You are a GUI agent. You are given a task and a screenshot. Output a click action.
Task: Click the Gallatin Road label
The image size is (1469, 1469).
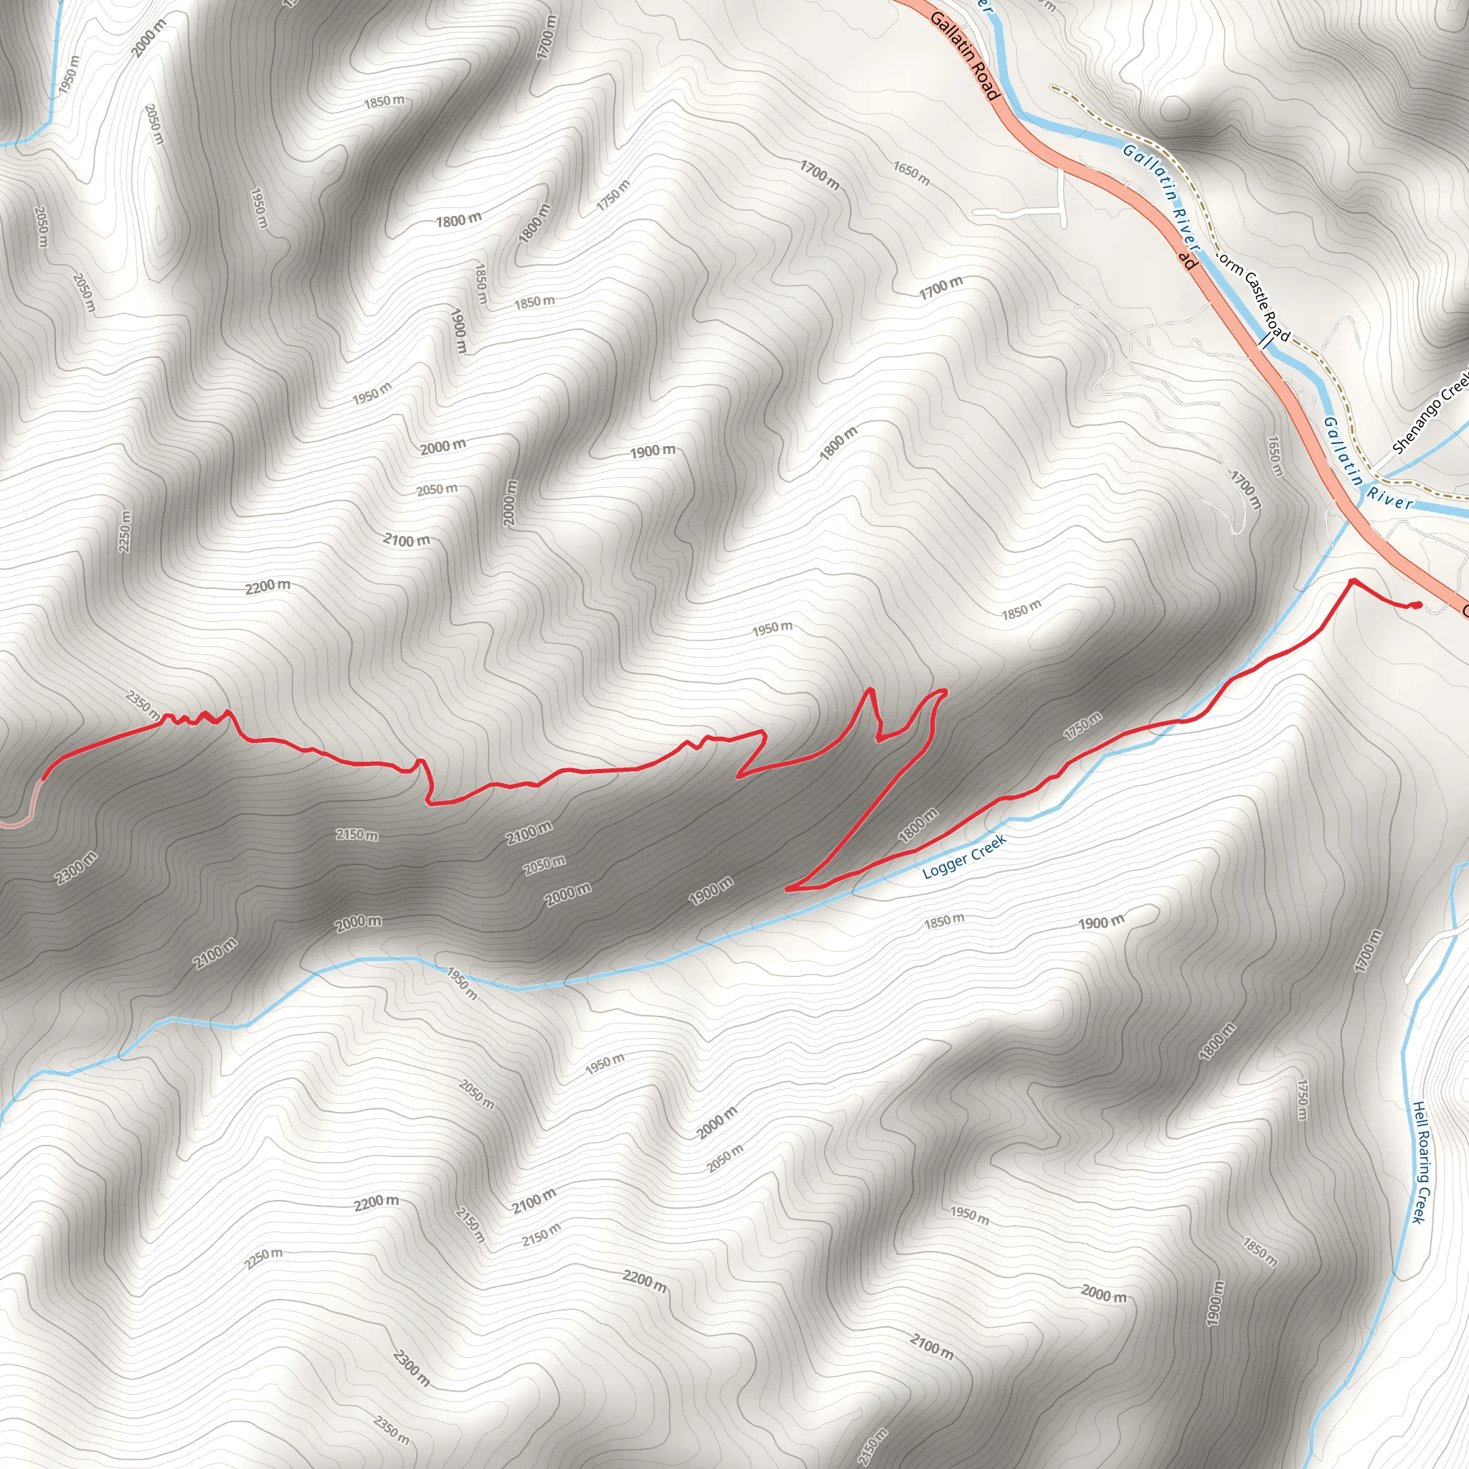click(x=963, y=56)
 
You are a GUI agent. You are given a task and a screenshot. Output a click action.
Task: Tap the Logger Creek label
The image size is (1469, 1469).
click(x=964, y=856)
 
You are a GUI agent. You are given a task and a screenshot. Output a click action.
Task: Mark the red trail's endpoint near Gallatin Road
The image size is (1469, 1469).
click(x=1419, y=605)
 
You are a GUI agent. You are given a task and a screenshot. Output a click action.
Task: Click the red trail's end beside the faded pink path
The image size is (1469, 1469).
click(x=43, y=777)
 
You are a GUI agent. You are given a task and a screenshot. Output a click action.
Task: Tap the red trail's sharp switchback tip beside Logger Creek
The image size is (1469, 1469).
click(x=788, y=887)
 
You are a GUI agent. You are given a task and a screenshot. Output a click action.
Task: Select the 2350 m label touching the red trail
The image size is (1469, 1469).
click(x=143, y=705)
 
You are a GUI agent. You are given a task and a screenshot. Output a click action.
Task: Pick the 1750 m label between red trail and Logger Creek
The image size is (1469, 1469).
click(x=1082, y=726)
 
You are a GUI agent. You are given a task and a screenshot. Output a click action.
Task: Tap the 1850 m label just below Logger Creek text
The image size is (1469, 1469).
click(x=944, y=921)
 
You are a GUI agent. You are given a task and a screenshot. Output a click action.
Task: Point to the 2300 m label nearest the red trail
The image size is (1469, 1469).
click(x=76, y=869)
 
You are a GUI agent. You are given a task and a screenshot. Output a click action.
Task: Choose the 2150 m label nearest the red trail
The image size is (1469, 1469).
click(x=356, y=835)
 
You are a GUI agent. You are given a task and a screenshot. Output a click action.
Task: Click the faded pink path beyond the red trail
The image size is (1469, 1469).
click(x=30, y=806)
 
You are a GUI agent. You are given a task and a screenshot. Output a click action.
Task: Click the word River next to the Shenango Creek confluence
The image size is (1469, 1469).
click(x=1390, y=498)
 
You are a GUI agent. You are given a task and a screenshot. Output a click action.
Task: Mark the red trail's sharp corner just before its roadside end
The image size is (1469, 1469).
click(x=1353, y=581)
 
